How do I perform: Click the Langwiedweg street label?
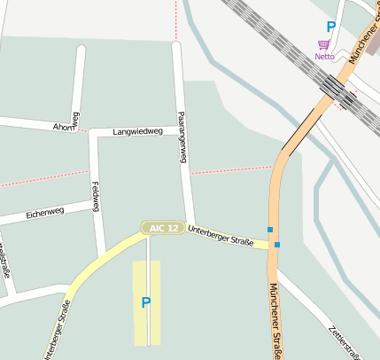click(x=138, y=131)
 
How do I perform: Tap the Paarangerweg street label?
click(x=182, y=137)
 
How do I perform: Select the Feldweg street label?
click(x=96, y=195)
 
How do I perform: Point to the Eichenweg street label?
click(x=45, y=213)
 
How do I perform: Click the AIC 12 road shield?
click(x=164, y=228)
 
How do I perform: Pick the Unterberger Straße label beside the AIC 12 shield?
click(x=221, y=236)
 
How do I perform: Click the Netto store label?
click(x=325, y=57)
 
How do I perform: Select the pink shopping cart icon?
click(x=324, y=44)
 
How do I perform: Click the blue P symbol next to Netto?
click(x=331, y=27)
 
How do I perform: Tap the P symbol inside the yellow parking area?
click(x=146, y=302)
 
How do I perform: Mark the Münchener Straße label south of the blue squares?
click(x=275, y=321)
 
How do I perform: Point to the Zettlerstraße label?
click(x=343, y=341)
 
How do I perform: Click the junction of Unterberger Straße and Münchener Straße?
click(x=272, y=246)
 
